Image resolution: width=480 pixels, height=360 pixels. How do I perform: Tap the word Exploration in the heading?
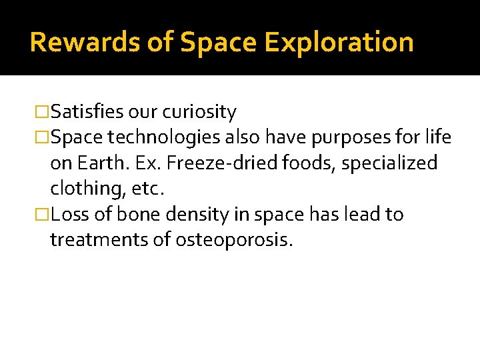tap(339, 42)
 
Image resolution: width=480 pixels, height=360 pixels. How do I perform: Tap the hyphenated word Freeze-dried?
tap(211, 163)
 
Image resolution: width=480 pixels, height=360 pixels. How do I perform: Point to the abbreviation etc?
tap(147, 189)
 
